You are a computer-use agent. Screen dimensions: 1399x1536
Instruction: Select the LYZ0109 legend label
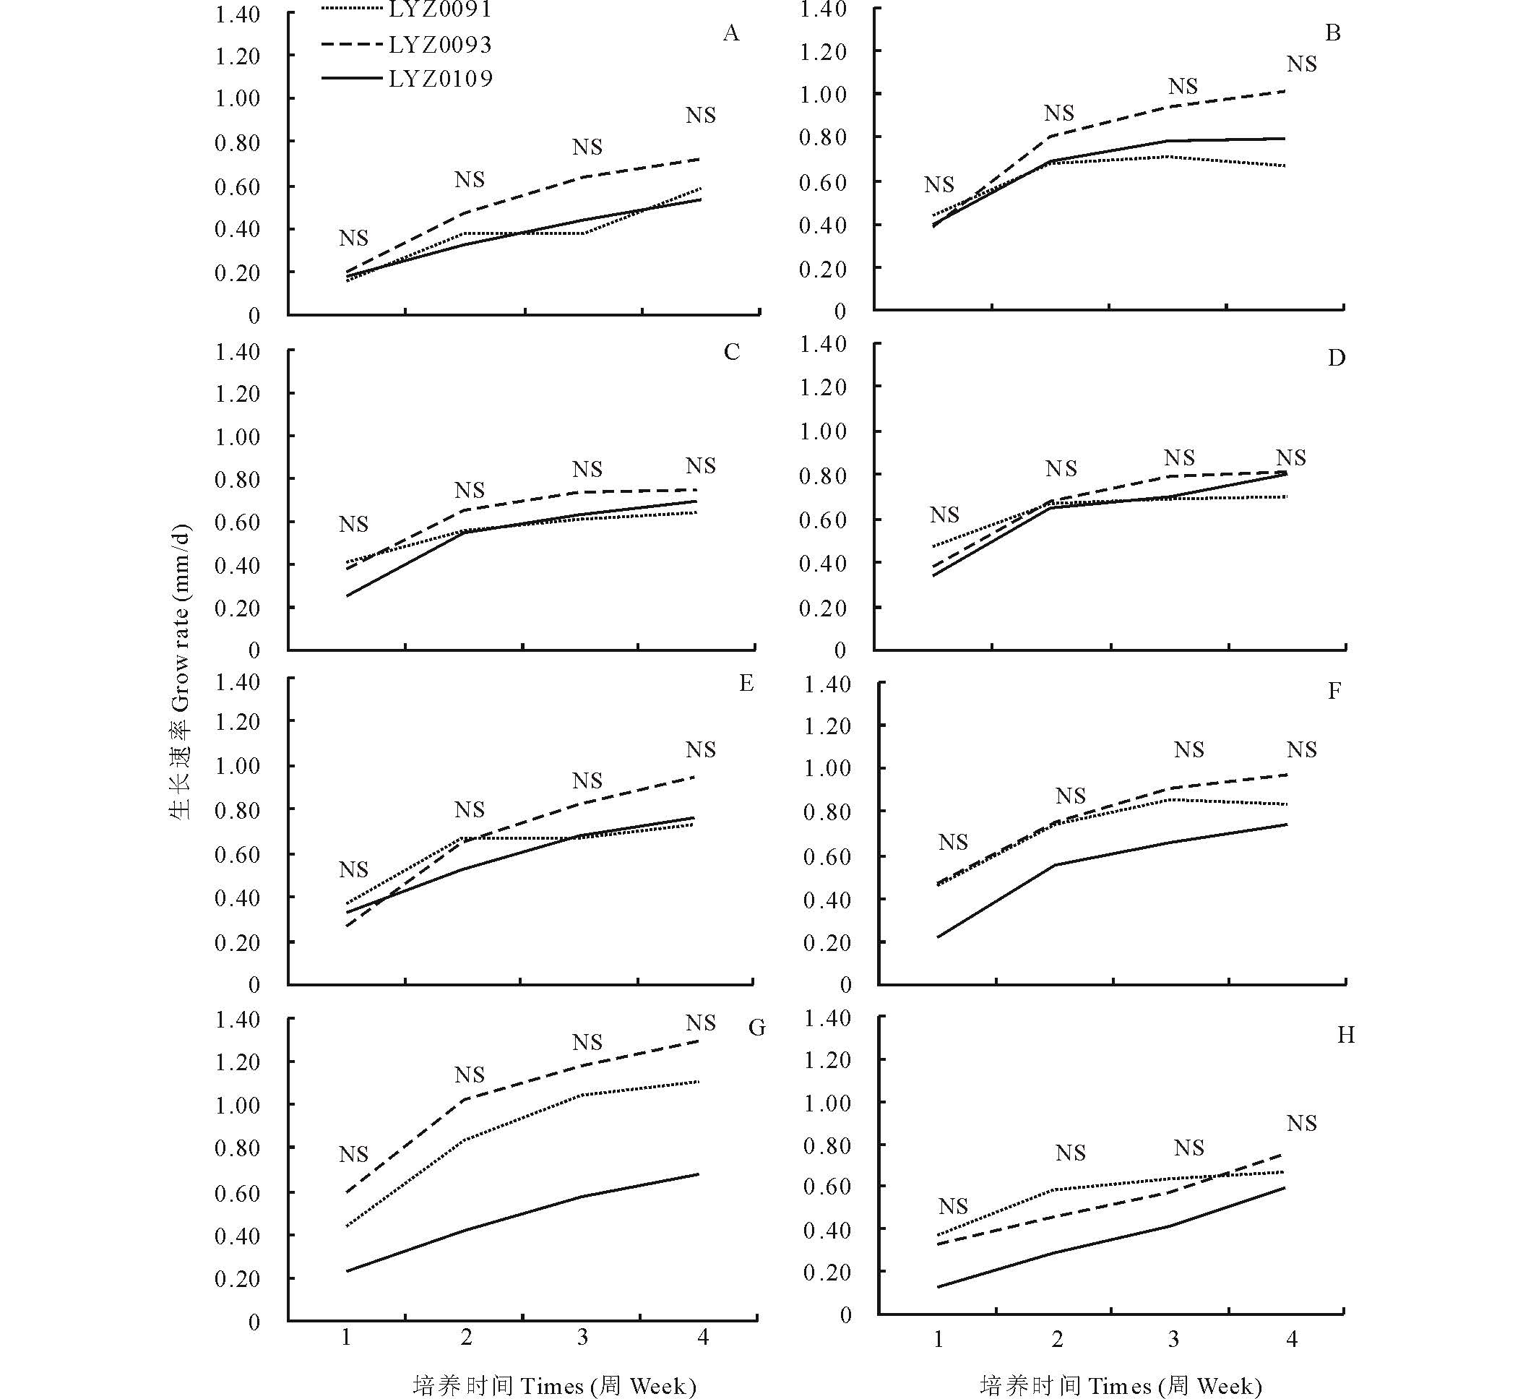tap(441, 79)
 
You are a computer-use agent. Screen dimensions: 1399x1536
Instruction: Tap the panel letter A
tap(730, 33)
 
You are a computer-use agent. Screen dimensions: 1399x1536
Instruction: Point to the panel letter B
tap(1332, 33)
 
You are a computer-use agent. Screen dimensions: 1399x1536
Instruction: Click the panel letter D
tap(1337, 358)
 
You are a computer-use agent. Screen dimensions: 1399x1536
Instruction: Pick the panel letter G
tap(756, 1028)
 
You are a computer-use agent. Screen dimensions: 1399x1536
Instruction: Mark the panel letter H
tap(1345, 1035)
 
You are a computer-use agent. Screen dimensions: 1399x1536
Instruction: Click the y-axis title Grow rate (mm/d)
tap(181, 671)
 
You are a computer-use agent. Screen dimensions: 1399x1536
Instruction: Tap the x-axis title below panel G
tap(555, 1385)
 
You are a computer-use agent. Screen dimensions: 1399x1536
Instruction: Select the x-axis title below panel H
tap(1121, 1385)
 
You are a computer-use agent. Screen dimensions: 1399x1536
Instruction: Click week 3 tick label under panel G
tap(582, 1338)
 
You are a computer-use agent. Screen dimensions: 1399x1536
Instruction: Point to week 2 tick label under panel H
tap(1057, 1339)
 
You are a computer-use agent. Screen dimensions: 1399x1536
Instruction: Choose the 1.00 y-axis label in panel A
tap(237, 98)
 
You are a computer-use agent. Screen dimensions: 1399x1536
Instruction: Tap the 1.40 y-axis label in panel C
tap(237, 352)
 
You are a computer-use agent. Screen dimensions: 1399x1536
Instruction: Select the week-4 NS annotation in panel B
tap(1301, 64)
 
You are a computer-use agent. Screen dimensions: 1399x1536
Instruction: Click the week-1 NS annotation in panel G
tap(353, 1155)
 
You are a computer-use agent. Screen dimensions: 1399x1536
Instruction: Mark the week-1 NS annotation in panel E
tap(353, 869)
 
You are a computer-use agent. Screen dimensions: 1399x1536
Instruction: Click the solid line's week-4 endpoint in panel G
tap(698, 1174)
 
